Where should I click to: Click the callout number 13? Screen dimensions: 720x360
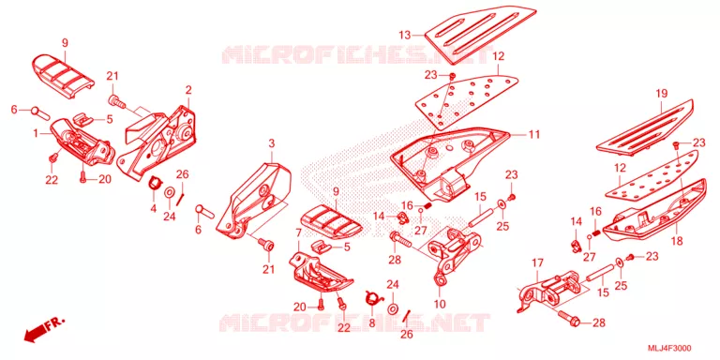pos(405,35)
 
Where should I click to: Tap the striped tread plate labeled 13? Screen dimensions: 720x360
pos(480,34)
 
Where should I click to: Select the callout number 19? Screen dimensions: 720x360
pos(661,94)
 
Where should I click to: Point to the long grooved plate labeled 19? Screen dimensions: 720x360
pos(644,127)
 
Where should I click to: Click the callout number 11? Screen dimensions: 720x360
pos(533,135)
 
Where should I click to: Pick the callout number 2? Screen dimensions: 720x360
pos(188,90)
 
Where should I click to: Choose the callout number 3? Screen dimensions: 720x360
pos(271,143)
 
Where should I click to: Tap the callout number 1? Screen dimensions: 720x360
pos(36,134)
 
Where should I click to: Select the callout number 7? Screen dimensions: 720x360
pos(298,233)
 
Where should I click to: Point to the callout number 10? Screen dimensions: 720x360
pos(440,304)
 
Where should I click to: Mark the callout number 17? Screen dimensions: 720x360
pos(538,263)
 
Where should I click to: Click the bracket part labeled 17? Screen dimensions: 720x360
pos(551,292)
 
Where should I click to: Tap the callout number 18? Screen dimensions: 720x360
pos(677,241)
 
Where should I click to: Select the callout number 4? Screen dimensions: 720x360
pos(154,208)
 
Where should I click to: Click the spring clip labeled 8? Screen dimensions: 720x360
pos(373,298)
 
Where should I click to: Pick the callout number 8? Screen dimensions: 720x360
pos(371,322)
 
